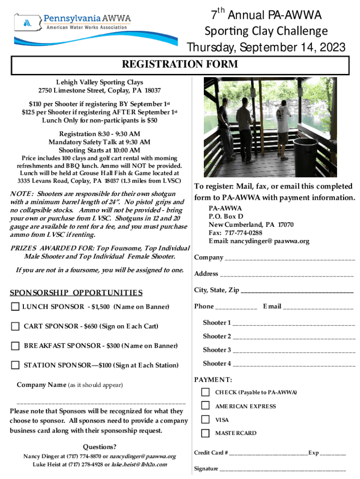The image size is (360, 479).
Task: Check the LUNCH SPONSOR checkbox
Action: [x=15, y=307]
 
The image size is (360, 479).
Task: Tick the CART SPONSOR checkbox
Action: [x=15, y=326]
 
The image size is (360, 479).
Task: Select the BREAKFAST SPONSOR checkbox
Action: [x=15, y=346]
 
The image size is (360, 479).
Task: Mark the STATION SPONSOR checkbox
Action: [x=15, y=365]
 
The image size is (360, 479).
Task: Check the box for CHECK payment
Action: [x=205, y=392]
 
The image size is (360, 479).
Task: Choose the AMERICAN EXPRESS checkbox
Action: [x=205, y=406]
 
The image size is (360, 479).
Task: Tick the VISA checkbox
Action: [x=205, y=420]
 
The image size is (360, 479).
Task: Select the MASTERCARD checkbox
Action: [x=205, y=433]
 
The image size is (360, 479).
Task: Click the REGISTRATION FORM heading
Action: [x=180, y=65]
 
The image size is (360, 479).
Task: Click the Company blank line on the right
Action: [x=290, y=259]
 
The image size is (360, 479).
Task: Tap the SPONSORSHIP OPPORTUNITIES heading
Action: [x=76, y=293]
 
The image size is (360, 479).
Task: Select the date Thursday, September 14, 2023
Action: [x=266, y=48]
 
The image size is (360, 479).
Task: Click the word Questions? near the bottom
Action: [x=100, y=447]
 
